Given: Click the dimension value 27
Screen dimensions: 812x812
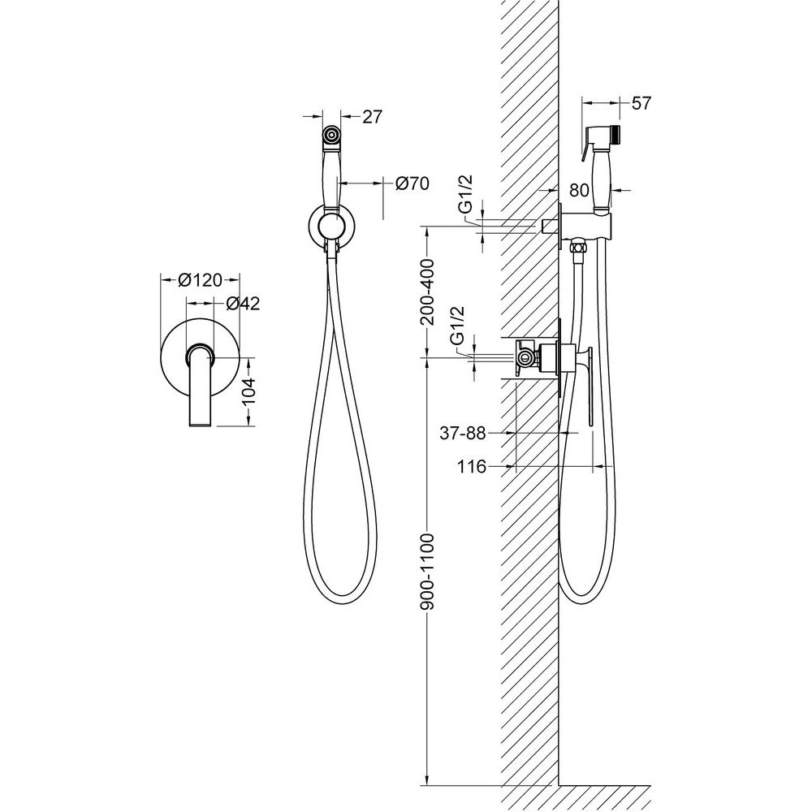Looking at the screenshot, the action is click(372, 117).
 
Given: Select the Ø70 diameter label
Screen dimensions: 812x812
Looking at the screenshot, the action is click(412, 183).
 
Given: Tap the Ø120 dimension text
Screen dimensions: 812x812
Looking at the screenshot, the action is click(200, 280).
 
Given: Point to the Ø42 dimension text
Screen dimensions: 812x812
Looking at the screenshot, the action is click(244, 304).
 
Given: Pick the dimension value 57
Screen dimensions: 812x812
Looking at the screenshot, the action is click(641, 103).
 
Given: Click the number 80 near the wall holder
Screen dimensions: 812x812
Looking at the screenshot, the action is click(580, 191).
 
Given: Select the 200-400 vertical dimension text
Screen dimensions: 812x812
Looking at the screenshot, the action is click(428, 292).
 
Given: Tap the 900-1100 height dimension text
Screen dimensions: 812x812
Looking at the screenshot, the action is click(428, 571).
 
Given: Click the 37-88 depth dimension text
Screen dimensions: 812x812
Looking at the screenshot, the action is click(463, 433).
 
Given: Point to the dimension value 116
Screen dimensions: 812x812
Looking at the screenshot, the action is click(472, 467).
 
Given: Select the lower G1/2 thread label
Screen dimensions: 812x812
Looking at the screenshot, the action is click(457, 326).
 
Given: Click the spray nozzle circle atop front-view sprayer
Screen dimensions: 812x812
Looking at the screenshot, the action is click(331, 136).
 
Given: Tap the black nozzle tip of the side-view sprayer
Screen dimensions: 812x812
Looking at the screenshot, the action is click(615, 134).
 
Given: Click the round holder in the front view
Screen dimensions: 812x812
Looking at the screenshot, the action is click(332, 227).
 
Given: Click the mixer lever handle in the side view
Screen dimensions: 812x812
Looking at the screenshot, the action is click(588, 386).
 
